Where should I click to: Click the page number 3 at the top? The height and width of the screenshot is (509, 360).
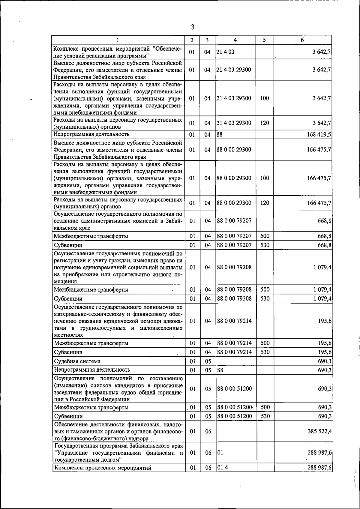coord(193,27)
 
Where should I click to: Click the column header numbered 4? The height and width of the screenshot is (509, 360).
coord(235,40)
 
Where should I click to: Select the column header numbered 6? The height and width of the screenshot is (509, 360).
coord(302,40)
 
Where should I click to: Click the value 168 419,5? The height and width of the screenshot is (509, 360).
coord(319,134)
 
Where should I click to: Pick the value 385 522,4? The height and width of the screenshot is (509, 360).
coord(319,431)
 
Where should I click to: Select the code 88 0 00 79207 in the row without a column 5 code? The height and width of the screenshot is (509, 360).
coord(234,220)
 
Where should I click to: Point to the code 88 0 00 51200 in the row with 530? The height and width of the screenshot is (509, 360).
coord(234,416)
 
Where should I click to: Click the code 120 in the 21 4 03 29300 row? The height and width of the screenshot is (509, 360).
coord(265,123)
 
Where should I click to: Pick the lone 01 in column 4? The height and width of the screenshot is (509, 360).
coord(220,453)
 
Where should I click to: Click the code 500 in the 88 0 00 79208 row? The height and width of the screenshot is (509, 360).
coord(265,290)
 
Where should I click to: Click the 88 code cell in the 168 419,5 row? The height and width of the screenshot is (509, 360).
coord(220,134)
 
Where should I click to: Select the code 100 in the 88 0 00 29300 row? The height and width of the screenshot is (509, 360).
coord(265,178)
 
